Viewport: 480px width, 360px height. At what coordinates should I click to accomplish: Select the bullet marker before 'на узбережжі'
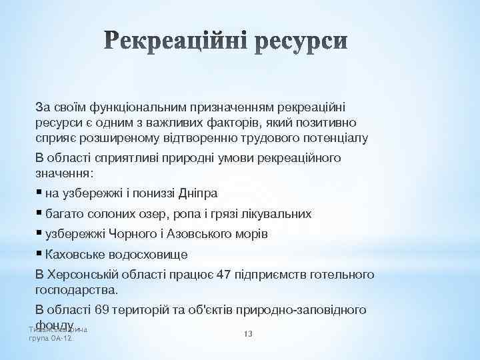(39, 193)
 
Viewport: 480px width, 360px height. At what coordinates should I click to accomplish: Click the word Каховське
(75, 255)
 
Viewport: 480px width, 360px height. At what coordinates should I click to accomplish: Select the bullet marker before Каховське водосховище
(39, 254)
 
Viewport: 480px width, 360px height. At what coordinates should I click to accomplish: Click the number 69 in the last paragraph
(102, 310)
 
